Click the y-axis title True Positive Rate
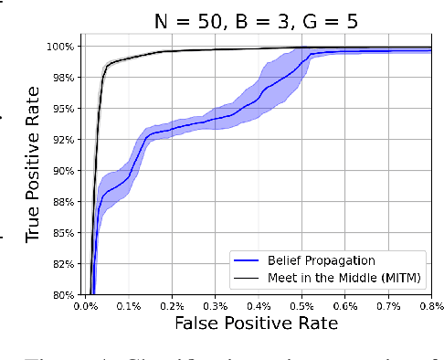[33, 171]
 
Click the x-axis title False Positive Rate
[258, 323]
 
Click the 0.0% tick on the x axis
[87, 306]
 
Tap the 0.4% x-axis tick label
[259, 306]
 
